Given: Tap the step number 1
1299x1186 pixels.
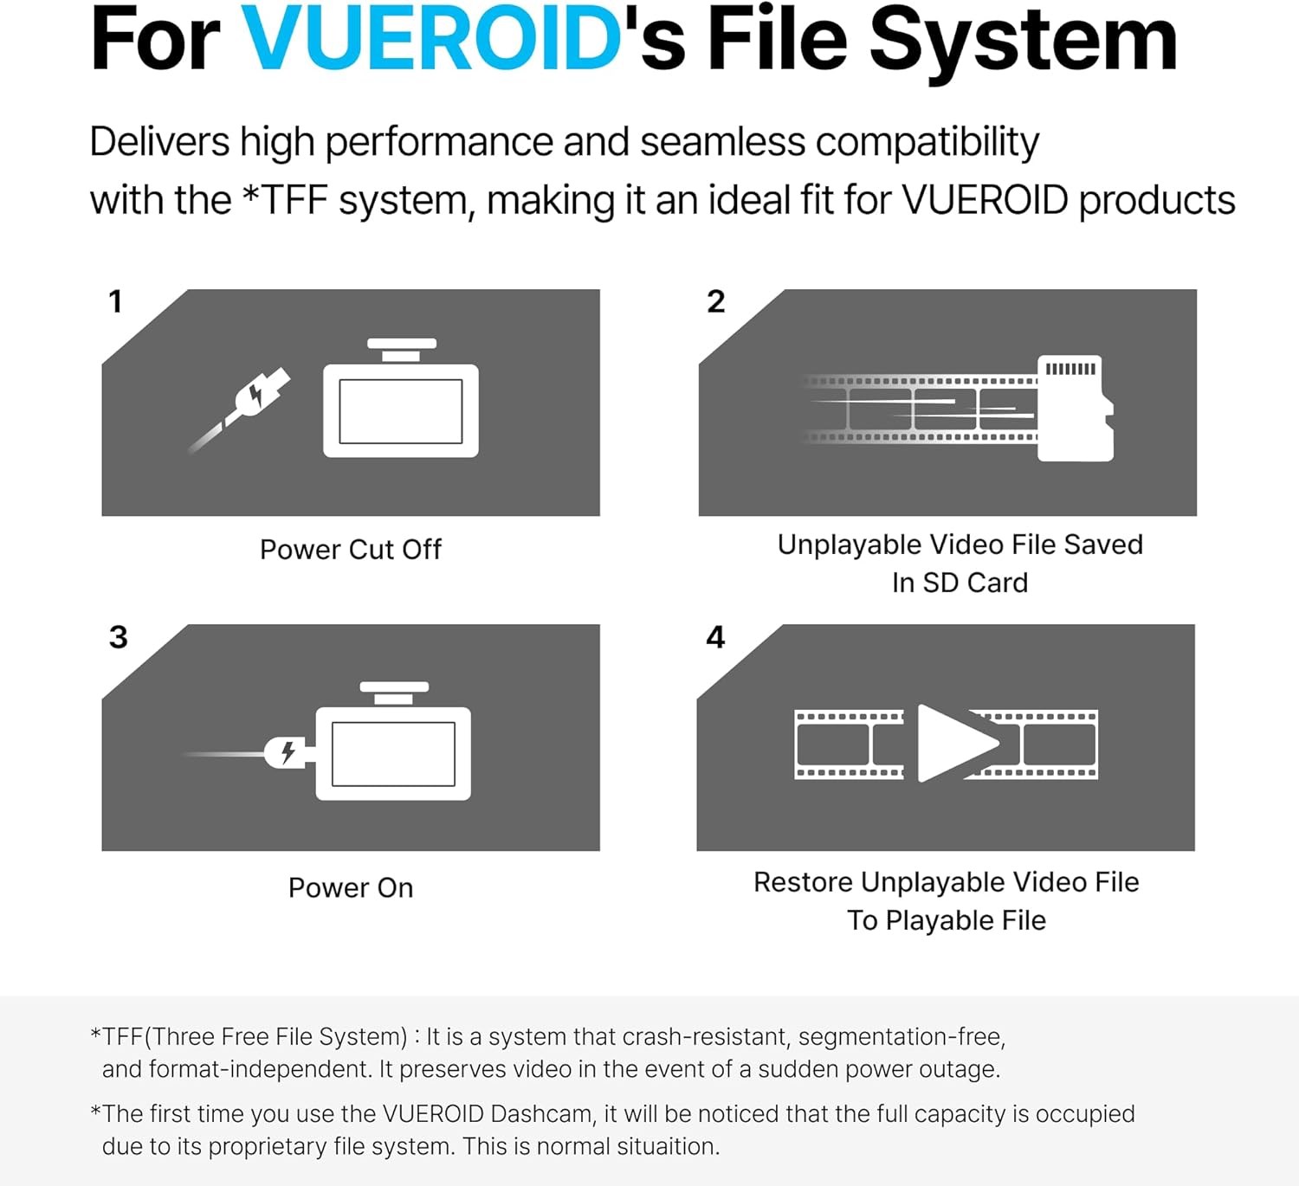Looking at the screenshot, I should (115, 302).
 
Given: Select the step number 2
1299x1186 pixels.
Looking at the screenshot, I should (715, 302).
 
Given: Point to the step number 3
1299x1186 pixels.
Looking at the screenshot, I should (119, 638).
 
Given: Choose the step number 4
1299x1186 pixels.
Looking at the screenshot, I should (715, 638).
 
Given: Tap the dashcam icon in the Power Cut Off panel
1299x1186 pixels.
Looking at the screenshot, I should (401, 402).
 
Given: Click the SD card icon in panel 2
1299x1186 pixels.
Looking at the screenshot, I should (1075, 408).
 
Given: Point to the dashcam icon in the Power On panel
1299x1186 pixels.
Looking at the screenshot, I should (394, 745).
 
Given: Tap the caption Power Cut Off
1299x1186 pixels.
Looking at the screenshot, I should (351, 550).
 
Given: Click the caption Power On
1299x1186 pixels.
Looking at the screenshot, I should (351, 888).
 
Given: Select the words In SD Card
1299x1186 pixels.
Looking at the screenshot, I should (960, 583).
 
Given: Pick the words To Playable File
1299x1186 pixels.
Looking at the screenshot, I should (947, 920).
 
